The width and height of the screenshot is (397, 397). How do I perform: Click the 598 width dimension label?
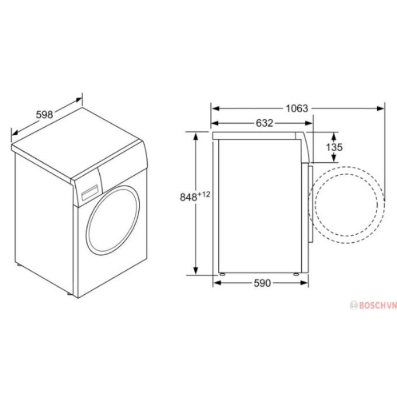(44, 115)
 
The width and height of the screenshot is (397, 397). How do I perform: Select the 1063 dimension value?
(297, 108)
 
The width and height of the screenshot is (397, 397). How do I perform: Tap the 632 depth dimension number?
(264, 123)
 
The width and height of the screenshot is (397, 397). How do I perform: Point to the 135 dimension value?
(334, 147)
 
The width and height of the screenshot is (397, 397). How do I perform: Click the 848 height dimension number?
(188, 197)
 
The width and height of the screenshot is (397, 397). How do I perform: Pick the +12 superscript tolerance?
(204, 194)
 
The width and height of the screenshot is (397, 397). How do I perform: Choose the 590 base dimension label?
(263, 283)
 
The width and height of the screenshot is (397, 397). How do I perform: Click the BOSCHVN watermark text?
(370, 305)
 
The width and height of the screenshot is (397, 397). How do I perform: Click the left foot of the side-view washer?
(222, 273)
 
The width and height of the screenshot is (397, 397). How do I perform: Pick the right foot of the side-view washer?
(296, 273)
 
